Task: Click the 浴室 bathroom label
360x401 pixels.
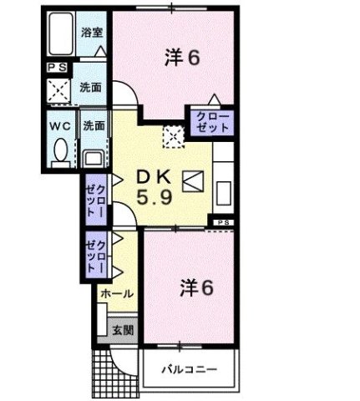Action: click(x=92, y=33)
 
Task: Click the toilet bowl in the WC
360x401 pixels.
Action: click(x=60, y=151)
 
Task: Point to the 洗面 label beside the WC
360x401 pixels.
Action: click(x=93, y=126)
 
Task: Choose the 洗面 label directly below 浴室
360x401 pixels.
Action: click(x=91, y=86)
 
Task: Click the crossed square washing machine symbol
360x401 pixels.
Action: click(x=59, y=90)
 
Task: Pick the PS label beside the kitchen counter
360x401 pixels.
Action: click(x=222, y=221)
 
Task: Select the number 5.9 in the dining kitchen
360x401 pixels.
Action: click(x=154, y=200)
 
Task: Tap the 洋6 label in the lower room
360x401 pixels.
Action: click(x=197, y=287)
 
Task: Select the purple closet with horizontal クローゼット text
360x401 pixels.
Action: click(x=210, y=123)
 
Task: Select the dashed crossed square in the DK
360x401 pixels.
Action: click(x=173, y=135)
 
